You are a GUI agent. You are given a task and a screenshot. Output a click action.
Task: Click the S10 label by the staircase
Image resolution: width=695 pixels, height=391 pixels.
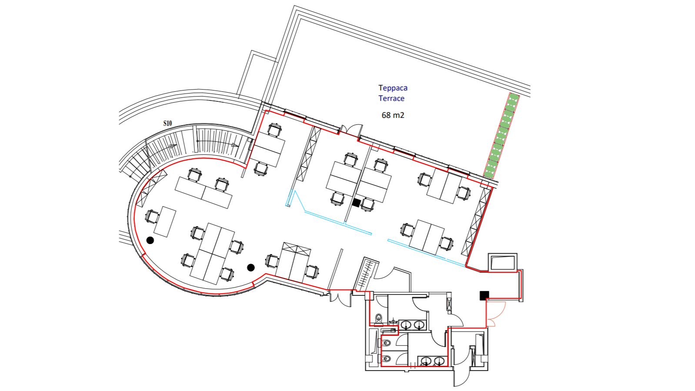coord(167,123)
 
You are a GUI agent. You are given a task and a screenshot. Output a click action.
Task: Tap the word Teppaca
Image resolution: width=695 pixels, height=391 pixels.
coord(393,88)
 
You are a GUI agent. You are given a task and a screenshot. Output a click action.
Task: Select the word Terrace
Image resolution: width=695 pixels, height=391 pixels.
coord(391,98)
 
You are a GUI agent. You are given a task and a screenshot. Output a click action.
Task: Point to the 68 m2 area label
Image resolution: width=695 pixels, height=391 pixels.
coord(393,115)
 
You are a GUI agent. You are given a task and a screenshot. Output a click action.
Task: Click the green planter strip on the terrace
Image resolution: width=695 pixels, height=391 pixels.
coord(502,136)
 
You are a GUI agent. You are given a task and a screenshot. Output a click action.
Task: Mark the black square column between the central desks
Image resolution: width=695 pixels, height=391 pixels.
coord(357,203)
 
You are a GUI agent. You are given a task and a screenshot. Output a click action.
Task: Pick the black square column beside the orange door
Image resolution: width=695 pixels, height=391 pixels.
coord(484,295)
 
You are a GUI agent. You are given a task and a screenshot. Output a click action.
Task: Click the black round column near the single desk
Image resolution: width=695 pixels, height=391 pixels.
coord(150,240)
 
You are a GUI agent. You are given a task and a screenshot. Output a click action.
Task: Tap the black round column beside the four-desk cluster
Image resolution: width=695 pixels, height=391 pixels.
coord(251,267)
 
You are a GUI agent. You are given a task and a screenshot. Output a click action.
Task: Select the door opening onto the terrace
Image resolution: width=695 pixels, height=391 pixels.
coord(352,130)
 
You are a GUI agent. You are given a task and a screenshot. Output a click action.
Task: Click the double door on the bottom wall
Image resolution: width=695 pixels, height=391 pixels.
coord(341,298)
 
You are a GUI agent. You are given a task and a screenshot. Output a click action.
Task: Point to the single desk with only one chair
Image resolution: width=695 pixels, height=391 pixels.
coord(165,221)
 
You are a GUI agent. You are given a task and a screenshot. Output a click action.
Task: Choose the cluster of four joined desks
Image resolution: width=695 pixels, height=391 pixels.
coord(212,253)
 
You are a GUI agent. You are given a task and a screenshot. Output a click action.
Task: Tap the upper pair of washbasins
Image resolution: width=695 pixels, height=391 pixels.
coord(412,325)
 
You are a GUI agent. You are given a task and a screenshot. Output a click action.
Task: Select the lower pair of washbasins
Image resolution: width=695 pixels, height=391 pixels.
coord(432,361)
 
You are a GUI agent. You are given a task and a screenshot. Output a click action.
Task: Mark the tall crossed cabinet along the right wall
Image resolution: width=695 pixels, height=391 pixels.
coord(476,222)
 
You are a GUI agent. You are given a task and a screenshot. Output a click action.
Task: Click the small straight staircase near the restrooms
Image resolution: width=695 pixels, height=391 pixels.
coord(367,274)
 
